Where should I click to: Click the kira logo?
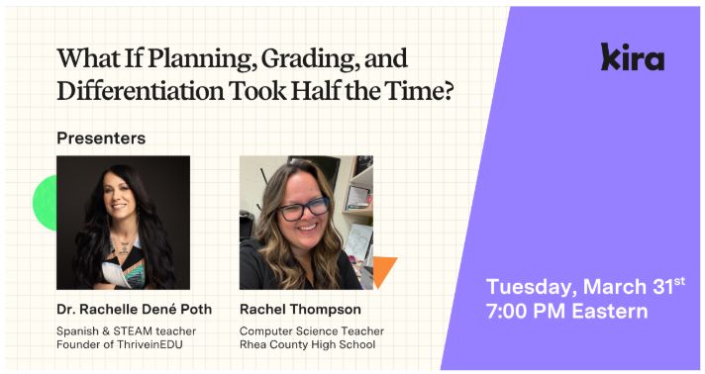[x=632, y=57]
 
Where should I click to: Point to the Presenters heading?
[x=101, y=138]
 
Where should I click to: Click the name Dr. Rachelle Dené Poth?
[x=134, y=309]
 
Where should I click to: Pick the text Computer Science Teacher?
[x=312, y=330]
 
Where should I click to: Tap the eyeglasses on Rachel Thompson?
[x=302, y=209]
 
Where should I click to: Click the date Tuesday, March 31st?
[x=584, y=286]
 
